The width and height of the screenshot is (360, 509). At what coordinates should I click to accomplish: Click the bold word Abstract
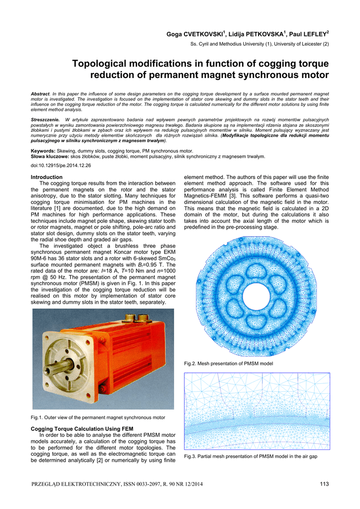pyautogui.click(x=40, y=93)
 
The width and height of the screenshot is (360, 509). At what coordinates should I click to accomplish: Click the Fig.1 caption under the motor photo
pyautogui.click(x=97, y=418)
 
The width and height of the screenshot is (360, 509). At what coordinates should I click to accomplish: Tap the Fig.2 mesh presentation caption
pyautogui.click(x=228, y=364)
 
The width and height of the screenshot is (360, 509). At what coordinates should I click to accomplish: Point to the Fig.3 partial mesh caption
pyautogui.click(x=251, y=456)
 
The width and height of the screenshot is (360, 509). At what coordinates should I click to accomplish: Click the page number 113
pyautogui.click(x=324, y=485)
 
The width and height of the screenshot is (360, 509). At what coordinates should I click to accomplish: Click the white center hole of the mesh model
pyautogui.click(x=256, y=294)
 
